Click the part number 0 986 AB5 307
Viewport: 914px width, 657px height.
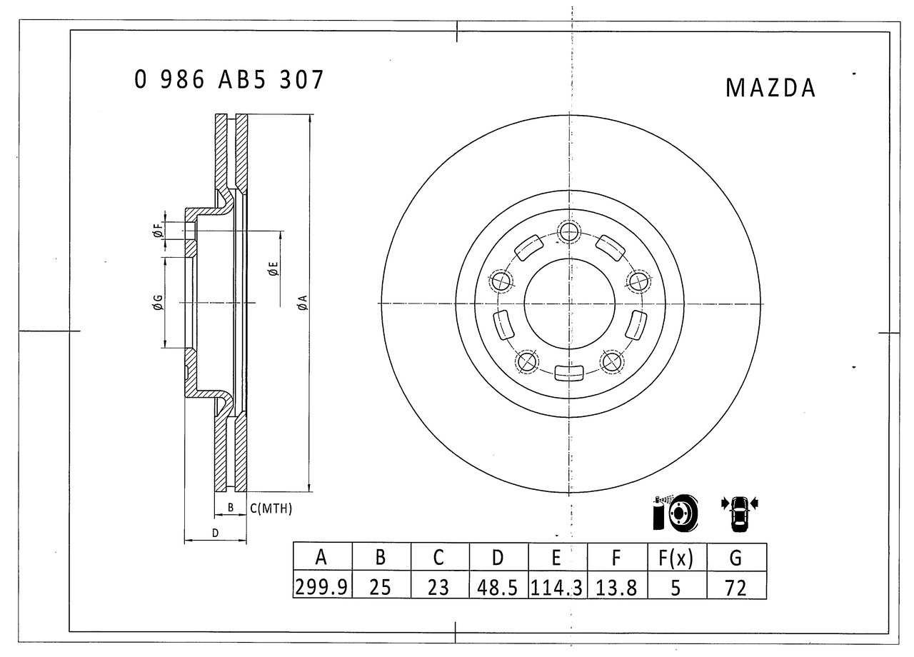(229, 79)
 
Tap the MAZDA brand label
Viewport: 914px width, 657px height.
(770, 88)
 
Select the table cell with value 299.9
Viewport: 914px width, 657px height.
(321, 587)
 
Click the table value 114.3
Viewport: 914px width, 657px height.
(556, 587)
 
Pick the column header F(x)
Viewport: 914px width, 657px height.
(675, 558)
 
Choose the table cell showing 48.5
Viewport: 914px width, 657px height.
(498, 587)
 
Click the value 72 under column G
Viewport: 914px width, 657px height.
(735, 587)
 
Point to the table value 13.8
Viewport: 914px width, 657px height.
(616, 587)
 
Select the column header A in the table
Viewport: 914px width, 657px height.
(321, 558)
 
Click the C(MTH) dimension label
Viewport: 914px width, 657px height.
(271, 508)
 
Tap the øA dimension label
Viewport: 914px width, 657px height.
(302, 303)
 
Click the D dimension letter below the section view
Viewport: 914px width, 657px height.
(214, 533)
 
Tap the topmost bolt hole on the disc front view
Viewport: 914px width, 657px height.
(569, 231)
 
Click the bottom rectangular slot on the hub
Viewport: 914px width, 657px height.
(569, 372)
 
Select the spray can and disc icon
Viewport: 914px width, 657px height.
(675, 512)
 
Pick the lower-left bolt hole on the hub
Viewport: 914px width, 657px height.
(528, 361)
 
